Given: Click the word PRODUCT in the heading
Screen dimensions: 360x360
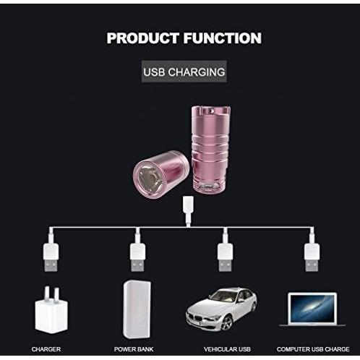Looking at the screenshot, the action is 143,38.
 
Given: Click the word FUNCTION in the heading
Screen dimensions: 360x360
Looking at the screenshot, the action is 223,38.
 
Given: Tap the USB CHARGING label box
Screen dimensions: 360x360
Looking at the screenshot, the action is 184,72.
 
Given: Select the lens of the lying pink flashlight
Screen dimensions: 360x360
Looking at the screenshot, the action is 148,177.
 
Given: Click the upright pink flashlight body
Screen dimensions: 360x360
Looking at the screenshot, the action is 211,149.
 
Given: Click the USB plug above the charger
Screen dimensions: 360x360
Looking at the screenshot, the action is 51,257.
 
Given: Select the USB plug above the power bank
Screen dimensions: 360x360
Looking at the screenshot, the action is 137,257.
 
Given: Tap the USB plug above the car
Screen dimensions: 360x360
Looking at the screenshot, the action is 225,257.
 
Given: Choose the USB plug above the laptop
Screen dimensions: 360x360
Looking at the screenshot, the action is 312,257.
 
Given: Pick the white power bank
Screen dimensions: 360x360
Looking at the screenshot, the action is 137,309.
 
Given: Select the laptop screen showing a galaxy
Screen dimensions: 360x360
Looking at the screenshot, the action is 312,309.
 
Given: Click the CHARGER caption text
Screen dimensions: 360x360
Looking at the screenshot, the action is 46,349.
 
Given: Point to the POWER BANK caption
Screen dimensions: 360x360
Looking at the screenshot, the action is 134,349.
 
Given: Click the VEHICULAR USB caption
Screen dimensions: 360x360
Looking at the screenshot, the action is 227,349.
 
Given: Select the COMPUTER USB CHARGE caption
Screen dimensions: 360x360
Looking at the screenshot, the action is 313,349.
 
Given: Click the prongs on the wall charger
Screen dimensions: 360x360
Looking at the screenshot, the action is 51,293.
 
